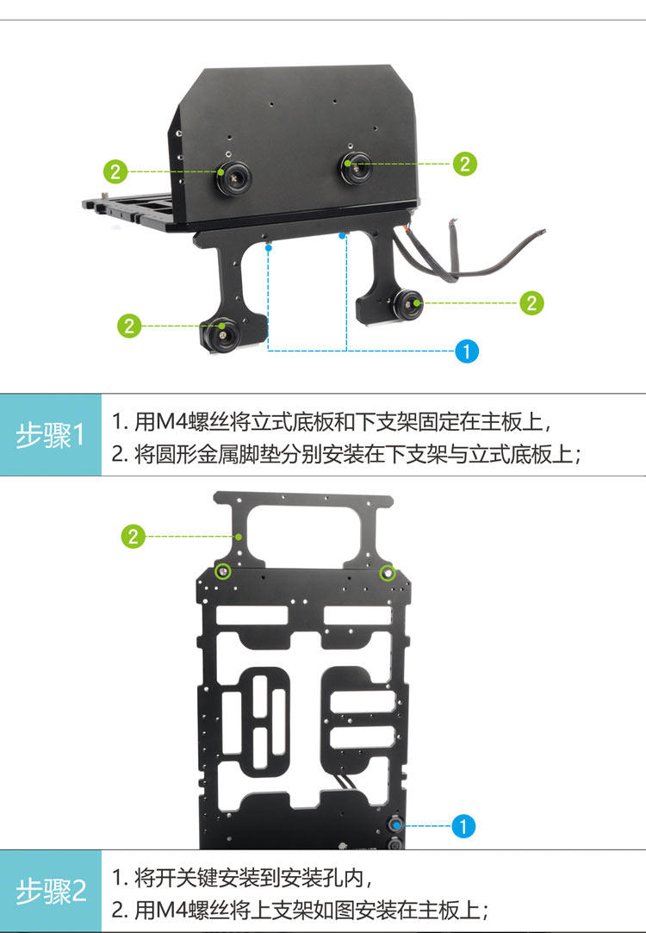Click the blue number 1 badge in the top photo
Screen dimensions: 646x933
(466, 351)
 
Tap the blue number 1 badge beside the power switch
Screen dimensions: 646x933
(463, 826)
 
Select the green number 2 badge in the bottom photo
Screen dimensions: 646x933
(133, 536)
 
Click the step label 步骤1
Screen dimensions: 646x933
(51, 436)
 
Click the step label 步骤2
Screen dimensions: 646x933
(51, 892)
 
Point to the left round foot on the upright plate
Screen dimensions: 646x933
(233, 177)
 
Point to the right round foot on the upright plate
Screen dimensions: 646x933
(356, 167)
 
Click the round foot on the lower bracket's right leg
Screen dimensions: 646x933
(407, 305)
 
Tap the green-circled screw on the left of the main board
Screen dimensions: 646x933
(223, 572)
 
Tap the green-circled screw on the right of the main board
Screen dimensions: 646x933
(388, 573)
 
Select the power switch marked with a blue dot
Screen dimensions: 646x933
(395, 824)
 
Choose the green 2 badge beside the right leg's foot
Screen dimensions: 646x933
(531, 303)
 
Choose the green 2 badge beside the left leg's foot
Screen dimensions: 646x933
(129, 326)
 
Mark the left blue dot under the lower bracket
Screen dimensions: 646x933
(269, 246)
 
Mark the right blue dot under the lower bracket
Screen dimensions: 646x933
(342, 236)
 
